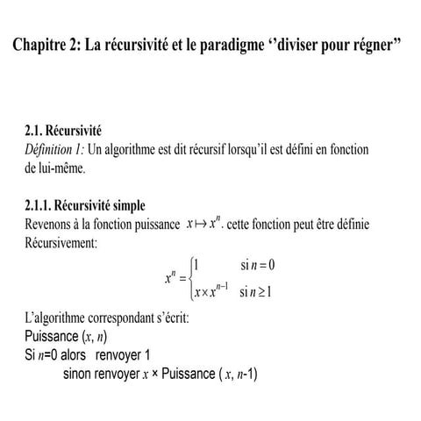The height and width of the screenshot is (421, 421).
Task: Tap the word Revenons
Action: (54, 225)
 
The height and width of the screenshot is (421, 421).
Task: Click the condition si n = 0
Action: (258, 265)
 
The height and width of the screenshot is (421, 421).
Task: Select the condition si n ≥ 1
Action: (258, 293)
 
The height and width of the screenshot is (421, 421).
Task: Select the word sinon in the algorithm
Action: (82, 373)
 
